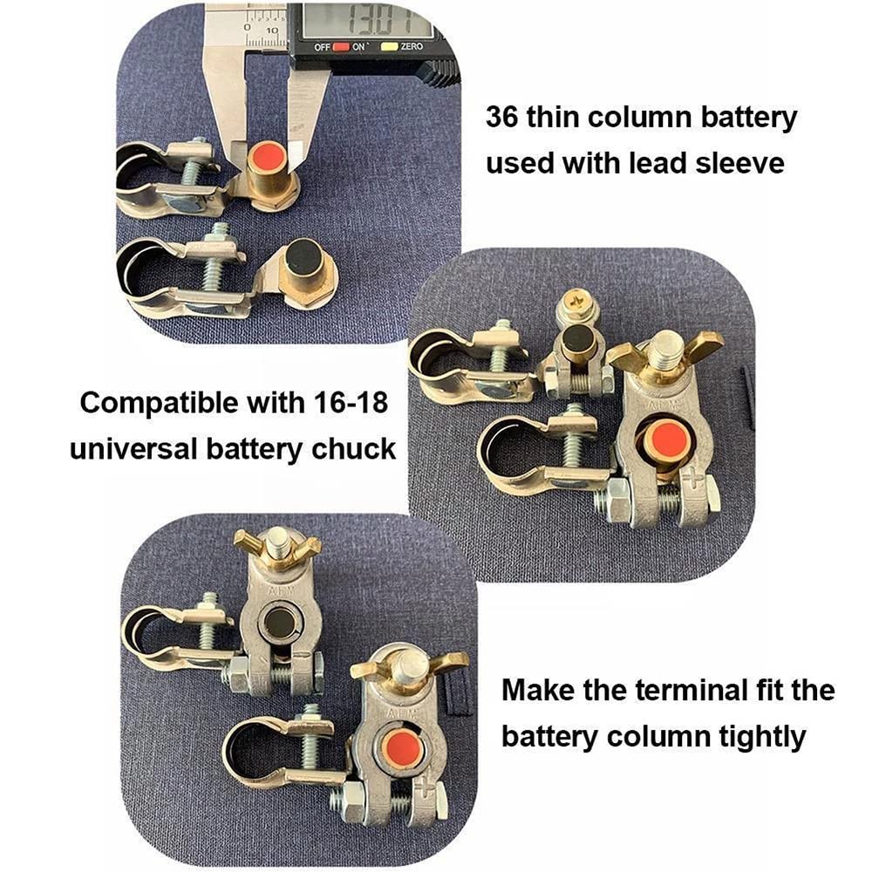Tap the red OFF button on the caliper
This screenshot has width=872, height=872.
[340, 47]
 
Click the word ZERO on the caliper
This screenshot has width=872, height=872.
[412, 46]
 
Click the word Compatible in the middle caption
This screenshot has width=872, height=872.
[160, 403]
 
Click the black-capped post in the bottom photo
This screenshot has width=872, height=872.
[279, 620]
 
